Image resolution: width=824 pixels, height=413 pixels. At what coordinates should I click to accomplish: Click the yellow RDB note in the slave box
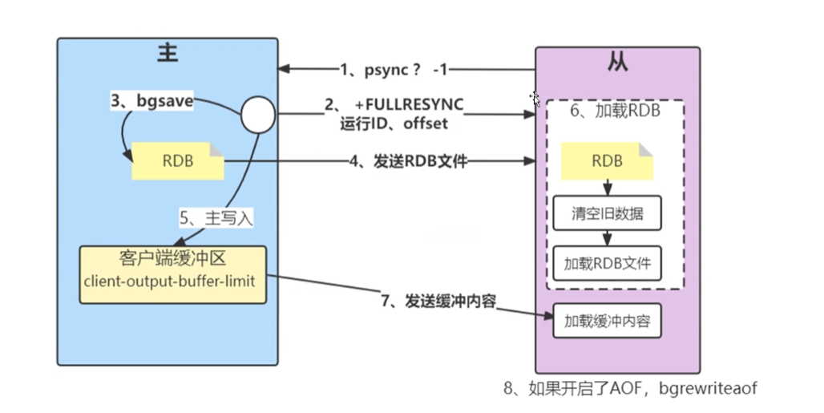606,161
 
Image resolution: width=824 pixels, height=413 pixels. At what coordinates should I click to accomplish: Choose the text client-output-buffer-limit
173,284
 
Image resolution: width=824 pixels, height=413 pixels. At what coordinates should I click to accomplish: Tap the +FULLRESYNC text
409,105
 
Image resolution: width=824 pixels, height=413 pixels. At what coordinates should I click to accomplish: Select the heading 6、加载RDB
615,111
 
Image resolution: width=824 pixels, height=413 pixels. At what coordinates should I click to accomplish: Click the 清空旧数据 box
608,214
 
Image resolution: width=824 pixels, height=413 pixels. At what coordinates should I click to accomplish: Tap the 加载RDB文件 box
608,263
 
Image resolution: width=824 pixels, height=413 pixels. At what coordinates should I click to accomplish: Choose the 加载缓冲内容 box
607,322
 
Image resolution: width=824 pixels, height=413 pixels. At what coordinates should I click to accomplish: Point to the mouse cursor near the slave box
535,99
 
